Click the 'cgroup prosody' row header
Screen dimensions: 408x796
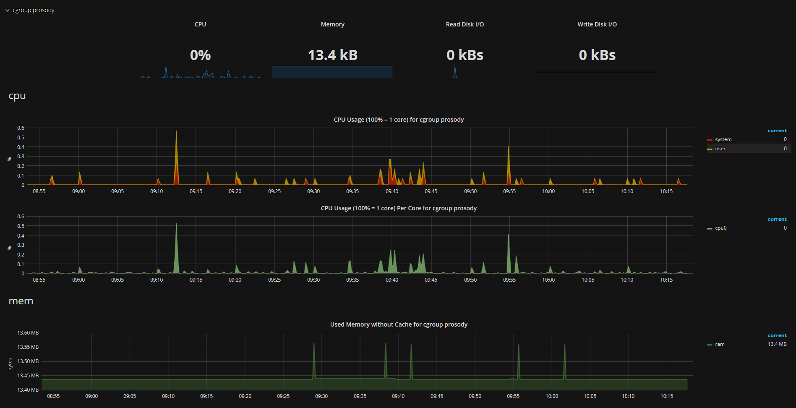33,10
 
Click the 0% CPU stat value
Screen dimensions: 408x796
200,55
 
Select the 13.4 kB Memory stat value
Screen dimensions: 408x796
332,55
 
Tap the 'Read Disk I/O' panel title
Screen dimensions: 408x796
465,24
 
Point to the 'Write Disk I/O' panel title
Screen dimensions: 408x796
597,24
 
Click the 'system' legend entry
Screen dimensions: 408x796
723,139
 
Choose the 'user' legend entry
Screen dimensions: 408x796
720,149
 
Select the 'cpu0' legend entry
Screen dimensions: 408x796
720,228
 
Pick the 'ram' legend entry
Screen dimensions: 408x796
720,344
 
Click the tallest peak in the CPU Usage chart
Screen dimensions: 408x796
176,132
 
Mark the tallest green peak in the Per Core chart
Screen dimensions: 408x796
176,224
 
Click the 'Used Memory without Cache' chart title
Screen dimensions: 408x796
399,324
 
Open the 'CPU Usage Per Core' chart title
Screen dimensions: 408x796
399,208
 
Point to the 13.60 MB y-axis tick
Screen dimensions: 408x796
28,333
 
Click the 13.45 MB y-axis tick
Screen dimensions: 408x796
28,376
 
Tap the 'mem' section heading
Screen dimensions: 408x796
21,301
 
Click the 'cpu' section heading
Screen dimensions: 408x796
17,96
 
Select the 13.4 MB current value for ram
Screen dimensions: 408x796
777,344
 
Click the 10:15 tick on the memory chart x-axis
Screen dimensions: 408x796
667,396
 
